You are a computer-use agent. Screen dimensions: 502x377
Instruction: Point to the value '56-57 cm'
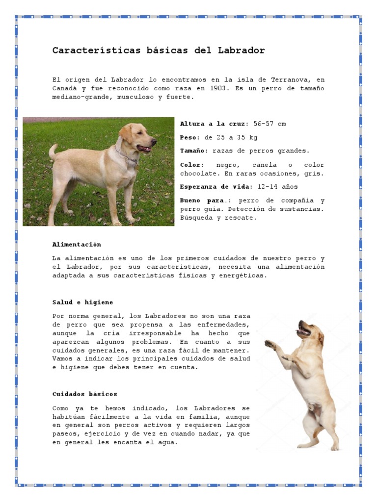click(269, 124)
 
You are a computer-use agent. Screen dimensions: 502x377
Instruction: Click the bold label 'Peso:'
click(190, 137)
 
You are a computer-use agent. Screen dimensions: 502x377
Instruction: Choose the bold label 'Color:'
click(191, 165)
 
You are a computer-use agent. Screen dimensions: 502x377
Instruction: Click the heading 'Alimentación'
click(77, 244)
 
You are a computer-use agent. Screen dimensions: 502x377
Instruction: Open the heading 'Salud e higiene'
click(82, 302)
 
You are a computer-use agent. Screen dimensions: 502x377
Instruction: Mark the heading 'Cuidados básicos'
click(85, 394)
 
